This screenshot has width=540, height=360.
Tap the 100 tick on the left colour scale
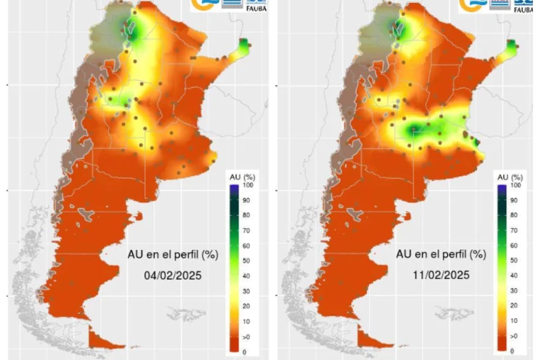[x=246, y=185]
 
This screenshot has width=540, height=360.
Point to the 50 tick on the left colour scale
[x=246, y=261]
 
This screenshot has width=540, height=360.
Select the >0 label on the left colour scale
[x=246, y=337]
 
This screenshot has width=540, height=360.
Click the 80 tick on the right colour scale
[x=516, y=215]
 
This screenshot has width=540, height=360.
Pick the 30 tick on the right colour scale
[x=516, y=290]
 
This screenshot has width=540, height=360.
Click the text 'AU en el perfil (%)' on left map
[x=173, y=255]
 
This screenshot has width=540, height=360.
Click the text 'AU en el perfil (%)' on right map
[x=441, y=254]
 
